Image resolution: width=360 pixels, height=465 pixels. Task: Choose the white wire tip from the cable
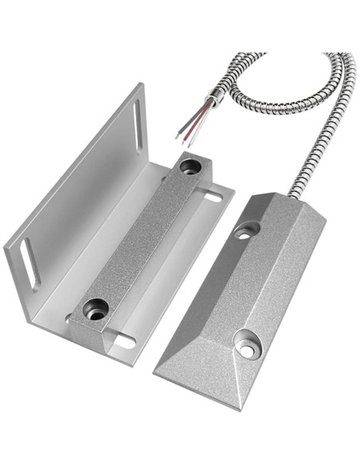178,135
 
